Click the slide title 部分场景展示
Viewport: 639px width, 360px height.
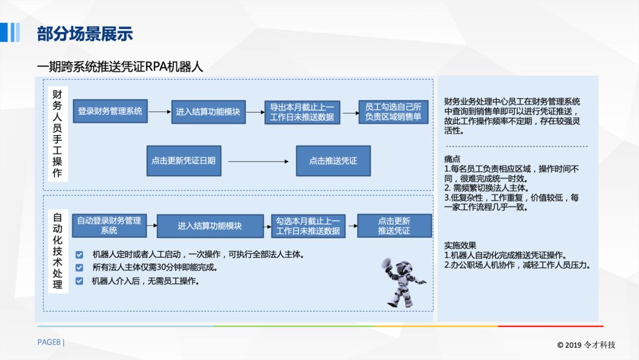click(85, 34)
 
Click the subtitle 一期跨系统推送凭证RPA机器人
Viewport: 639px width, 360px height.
click(120, 66)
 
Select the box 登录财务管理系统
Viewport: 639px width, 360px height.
click(111, 111)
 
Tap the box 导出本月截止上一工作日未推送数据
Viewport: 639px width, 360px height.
click(302, 112)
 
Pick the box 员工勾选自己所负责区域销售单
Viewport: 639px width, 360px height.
click(393, 112)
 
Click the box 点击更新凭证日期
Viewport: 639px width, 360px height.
click(183, 160)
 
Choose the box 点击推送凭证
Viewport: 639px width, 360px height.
click(333, 160)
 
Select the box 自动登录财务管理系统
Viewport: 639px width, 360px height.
click(109, 225)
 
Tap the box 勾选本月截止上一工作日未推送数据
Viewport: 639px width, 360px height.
click(308, 226)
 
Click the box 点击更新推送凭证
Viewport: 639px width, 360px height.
click(394, 226)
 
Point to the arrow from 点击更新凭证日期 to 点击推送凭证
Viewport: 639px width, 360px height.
click(258, 161)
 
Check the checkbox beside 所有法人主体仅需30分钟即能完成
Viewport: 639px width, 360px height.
click(79, 268)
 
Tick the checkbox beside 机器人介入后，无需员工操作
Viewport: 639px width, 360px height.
click(79, 281)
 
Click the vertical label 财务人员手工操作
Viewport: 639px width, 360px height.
click(57, 133)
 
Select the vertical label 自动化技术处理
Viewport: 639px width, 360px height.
click(57, 251)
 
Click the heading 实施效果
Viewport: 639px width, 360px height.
click(460, 245)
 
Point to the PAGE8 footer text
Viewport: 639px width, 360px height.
click(50, 342)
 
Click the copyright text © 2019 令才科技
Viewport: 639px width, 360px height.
click(586, 345)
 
